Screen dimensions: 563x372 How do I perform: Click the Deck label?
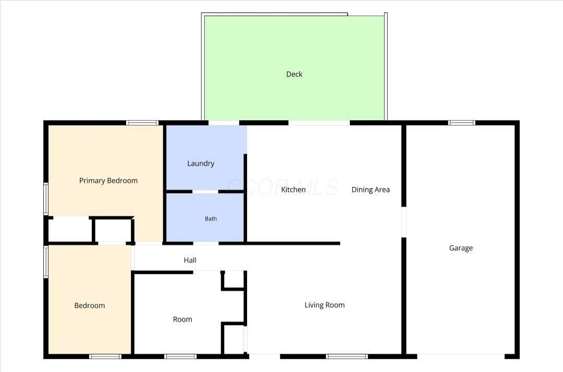(294, 75)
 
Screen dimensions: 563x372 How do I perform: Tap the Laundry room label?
(201, 164)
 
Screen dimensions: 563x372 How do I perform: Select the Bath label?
(211, 218)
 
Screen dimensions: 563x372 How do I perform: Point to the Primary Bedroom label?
(108, 180)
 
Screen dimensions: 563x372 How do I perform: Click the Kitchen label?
(293, 190)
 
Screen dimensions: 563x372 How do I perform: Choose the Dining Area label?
(371, 190)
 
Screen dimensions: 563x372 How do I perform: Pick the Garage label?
(461, 248)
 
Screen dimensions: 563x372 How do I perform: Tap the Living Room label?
(325, 305)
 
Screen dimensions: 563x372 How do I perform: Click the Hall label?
(190, 260)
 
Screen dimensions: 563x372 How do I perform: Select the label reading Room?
(182, 319)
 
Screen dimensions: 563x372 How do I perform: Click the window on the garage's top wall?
(462, 122)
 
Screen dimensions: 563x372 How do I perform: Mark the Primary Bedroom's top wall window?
(142, 122)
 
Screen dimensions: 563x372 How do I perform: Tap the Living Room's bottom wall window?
(347, 356)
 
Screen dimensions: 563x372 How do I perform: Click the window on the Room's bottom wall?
(180, 356)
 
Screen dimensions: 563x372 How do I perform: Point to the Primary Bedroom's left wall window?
(46, 199)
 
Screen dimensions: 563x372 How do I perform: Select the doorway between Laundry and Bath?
(205, 192)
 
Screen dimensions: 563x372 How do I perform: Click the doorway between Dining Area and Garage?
(403, 222)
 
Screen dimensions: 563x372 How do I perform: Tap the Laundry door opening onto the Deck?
(224, 122)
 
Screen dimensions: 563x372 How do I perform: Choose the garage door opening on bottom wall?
(461, 356)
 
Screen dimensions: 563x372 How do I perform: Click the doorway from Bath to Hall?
(206, 244)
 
